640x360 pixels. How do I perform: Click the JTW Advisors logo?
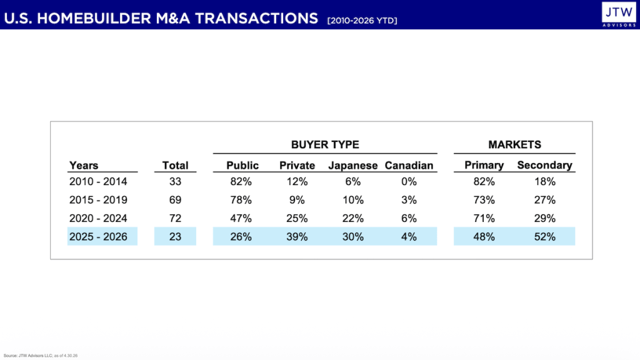(619, 14)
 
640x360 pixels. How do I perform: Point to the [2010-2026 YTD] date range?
(362, 21)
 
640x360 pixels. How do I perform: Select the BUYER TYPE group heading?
(325, 144)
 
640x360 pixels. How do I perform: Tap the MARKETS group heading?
(515, 144)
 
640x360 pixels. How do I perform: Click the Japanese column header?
(353, 165)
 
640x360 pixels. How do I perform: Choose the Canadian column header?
(409, 165)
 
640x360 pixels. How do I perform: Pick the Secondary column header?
(544, 165)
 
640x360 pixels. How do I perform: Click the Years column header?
(84, 165)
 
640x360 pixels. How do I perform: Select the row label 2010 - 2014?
(98, 181)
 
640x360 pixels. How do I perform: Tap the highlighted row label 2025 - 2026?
(98, 236)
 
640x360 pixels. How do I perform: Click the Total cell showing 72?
(175, 218)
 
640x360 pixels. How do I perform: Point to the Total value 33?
(175, 181)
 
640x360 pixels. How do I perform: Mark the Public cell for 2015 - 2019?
(241, 199)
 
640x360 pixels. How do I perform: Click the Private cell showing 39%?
(297, 236)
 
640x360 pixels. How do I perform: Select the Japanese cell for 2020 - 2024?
(352, 218)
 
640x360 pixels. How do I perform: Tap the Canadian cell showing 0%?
(409, 181)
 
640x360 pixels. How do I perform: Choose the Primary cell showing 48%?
(484, 236)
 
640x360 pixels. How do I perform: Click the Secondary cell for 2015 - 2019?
(545, 199)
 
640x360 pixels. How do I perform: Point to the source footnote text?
(41, 356)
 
